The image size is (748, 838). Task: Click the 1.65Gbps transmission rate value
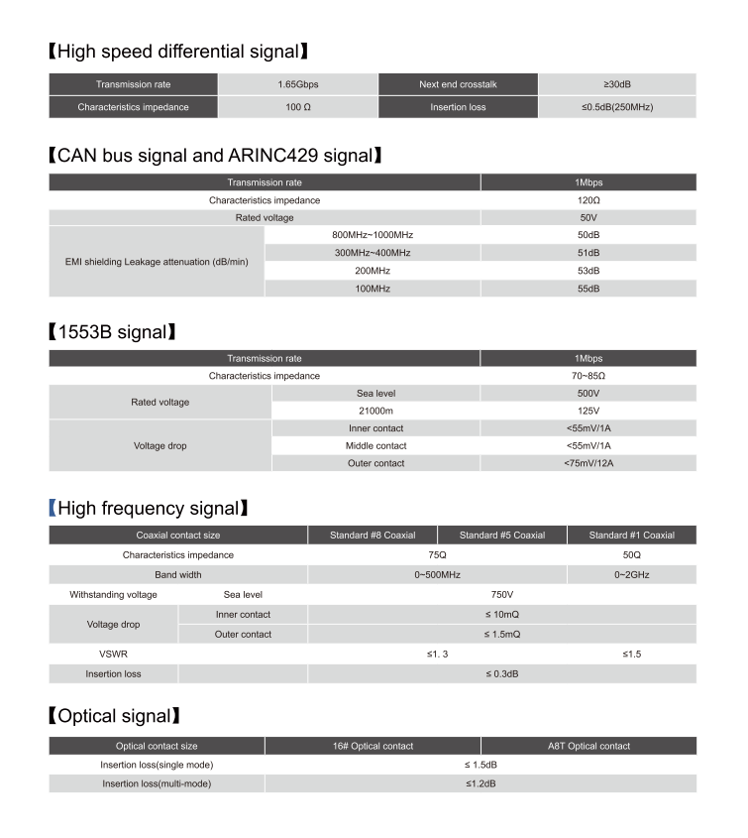tap(298, 84)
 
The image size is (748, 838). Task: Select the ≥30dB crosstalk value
tap(617, 84)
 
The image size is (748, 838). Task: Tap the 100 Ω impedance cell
tap(298, 106)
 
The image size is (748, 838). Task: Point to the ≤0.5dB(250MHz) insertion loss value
tap(617, 106)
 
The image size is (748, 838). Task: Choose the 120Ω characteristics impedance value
tap(588, 199)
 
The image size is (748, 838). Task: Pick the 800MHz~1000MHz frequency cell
tap(373, 234)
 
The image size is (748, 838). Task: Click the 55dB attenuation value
tap(588, 288)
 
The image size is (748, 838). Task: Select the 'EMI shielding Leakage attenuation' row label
tap(156, 261)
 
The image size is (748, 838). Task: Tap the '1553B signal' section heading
tap(111, 331)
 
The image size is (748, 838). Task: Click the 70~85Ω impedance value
tap(588, 376)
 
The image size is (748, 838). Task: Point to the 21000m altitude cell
tap(376, 411)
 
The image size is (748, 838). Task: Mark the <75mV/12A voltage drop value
tap(588, 463)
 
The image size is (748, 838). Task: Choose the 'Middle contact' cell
tap(376, 445)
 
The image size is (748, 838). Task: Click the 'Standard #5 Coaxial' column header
tap(502, 536)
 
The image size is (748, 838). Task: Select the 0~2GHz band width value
tap(632, 574)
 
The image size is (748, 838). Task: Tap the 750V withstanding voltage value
tap(502, 594)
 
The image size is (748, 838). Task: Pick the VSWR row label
tap(113, 655)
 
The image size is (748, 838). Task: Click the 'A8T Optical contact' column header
tap(588, 746)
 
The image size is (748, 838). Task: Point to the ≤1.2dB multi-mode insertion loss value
tap(481, 783)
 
